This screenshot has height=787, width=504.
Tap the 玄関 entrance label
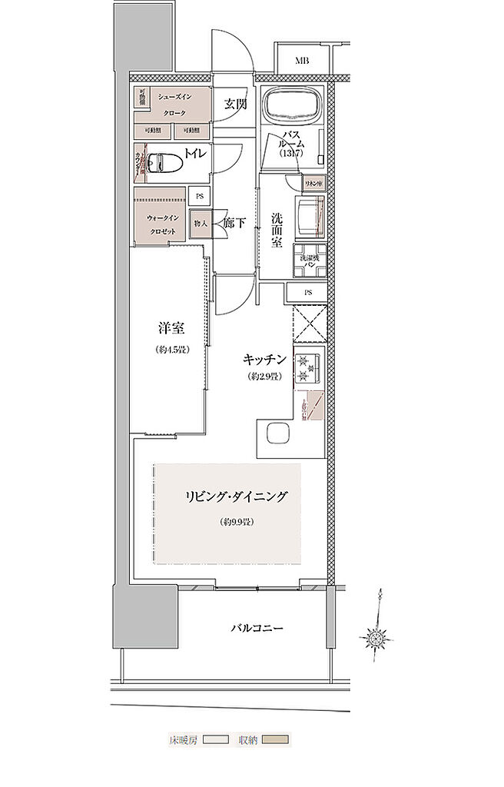click(235, 105)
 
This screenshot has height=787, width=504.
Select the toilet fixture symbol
click(166, 161)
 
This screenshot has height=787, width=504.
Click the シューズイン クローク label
click(174, 105)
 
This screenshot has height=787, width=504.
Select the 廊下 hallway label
click(234, 224)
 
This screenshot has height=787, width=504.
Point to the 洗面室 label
click(277, 228)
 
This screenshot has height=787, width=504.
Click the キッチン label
click(265, 359)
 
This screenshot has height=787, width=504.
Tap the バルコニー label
click(257, 629)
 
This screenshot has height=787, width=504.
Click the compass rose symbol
click(376, 637)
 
